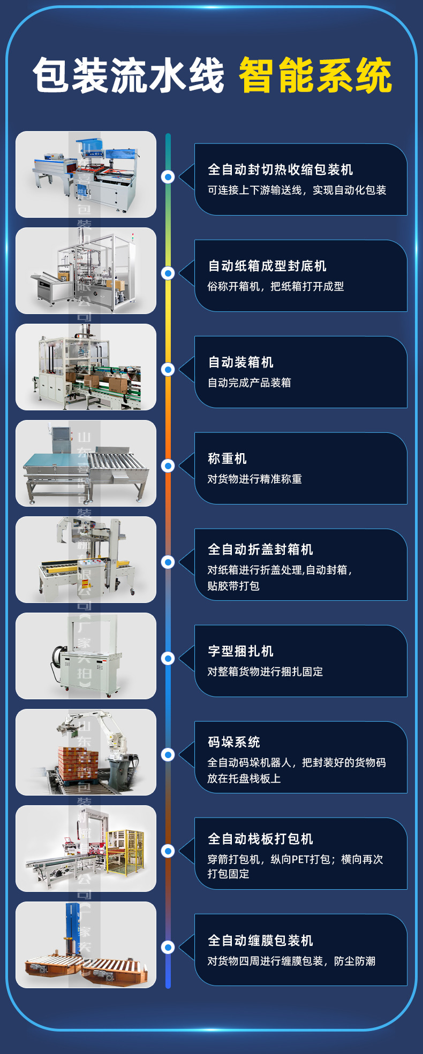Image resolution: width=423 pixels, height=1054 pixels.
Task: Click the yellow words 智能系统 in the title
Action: click(x=315, y=76)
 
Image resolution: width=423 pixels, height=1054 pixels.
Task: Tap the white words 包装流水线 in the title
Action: click(x=129, y=76)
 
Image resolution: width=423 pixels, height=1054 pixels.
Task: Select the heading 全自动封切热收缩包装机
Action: click(x=280, y=170)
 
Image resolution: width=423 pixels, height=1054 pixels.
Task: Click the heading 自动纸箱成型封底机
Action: click(x=267, y=266)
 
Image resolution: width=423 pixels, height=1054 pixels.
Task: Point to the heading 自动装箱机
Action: click(x=241, y=362)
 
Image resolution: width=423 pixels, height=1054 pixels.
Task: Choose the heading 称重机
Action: click(x=227, y=459)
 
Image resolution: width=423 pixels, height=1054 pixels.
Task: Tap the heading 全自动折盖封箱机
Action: click(x=260, y=549)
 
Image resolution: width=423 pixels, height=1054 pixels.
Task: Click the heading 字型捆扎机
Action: click(x=241, y=651)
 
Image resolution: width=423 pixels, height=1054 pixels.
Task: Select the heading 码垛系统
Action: click(x=234, y=742)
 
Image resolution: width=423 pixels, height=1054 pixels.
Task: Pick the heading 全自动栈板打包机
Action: click(x=260, y=839)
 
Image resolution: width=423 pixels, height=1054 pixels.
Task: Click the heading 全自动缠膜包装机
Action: click(x=260, y=941)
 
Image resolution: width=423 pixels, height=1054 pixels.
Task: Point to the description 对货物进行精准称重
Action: click(x=255, y=479)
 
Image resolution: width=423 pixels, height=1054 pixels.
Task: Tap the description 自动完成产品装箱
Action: click(x=250, y=383)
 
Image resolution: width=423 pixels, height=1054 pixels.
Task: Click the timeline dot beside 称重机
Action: click(x=168, y=465)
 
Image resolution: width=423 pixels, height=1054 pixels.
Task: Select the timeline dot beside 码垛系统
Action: click(x=168, y=754)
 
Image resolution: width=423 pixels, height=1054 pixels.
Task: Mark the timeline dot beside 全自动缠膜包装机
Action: click(x=168, y=947)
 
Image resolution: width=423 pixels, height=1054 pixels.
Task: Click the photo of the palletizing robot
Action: click(x=86, y=752)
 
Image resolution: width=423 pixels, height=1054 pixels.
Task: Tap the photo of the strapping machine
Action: click(x=86, y=655)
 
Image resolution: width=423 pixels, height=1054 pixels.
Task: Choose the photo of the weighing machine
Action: click(x=86, y=463)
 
